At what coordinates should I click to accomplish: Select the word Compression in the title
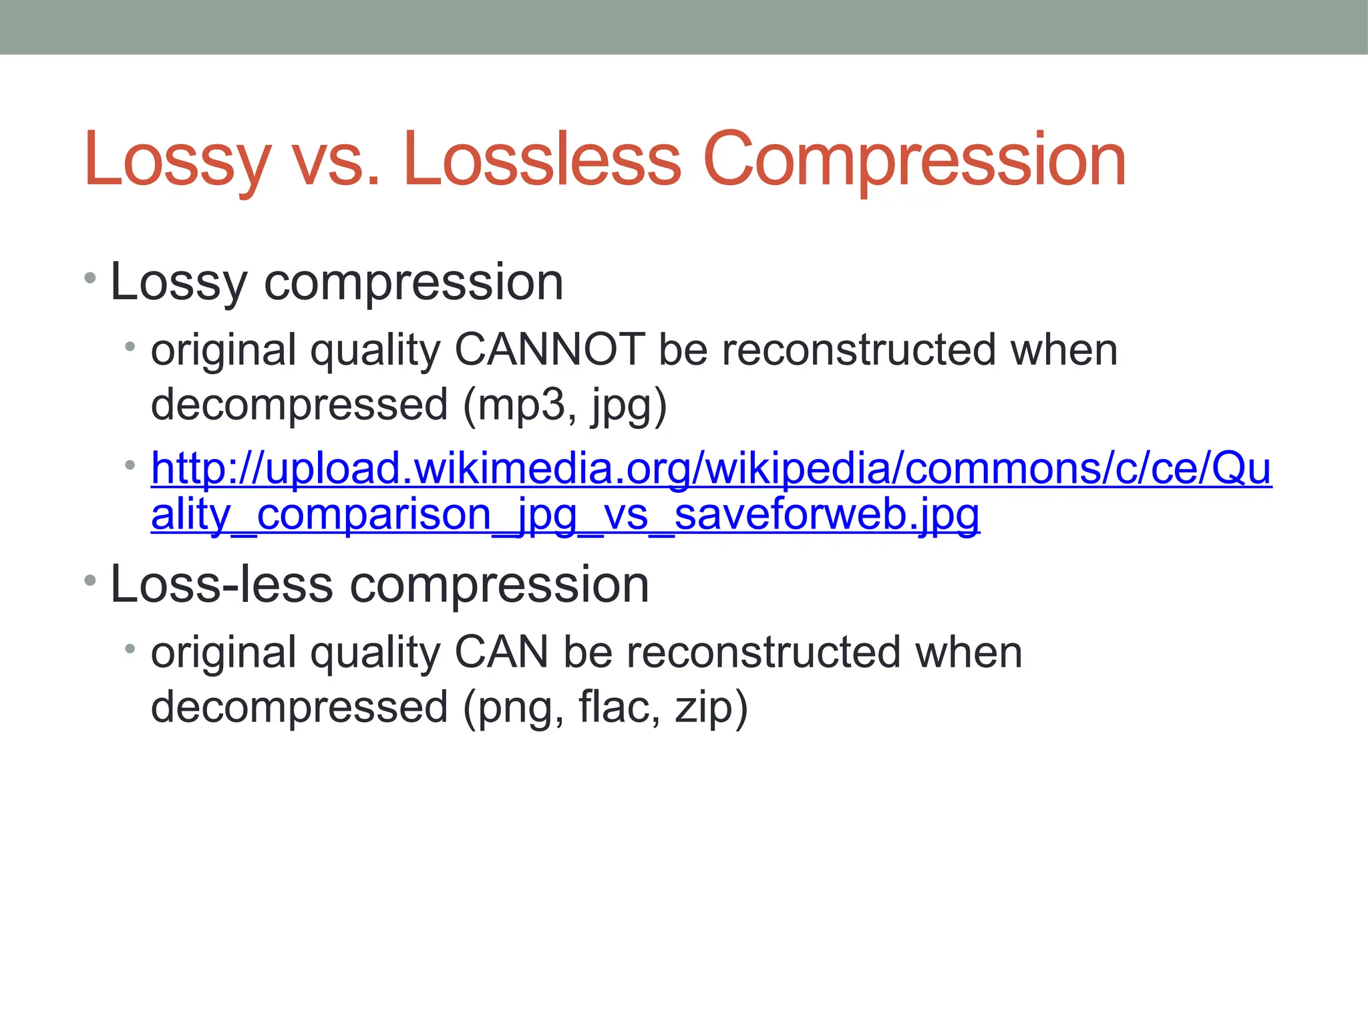(x=914, y=160)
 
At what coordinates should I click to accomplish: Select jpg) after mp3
(x=628, y=406)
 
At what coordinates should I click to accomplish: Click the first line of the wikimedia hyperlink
(x=711, y=468)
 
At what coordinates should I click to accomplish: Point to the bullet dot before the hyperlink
(x=130, y=464)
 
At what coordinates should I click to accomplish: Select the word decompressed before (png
(x=299, y=708)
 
